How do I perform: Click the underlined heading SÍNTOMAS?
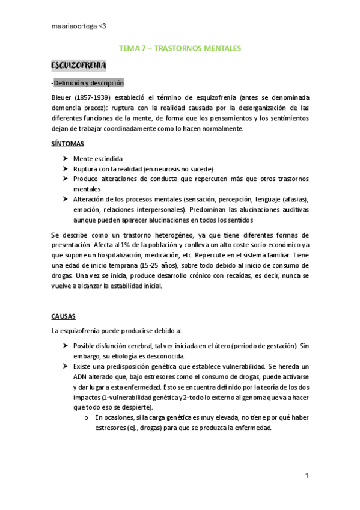(67, 144)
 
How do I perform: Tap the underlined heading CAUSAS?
(64, 315)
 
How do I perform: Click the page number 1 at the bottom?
(307, 476)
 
